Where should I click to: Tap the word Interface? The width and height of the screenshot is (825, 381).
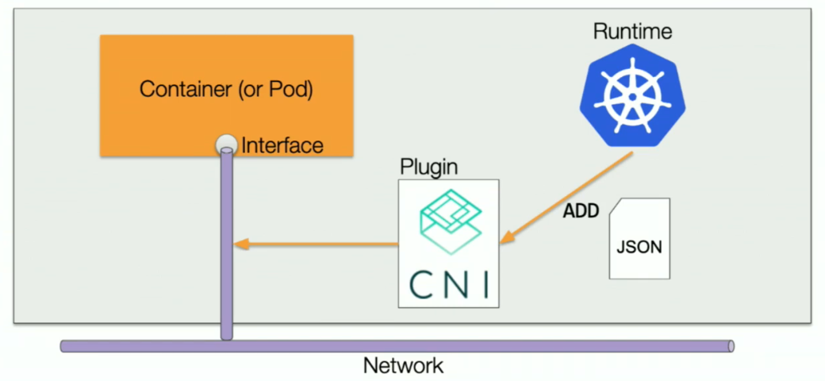[x=282, y=146]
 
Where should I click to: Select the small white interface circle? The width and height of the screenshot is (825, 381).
[x=227, y=144]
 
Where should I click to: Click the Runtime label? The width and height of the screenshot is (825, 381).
[x=632, y=32]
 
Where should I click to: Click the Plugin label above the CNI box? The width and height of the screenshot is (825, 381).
[x=429, y=167]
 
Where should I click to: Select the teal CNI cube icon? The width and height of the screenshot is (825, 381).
[x=448, y=221]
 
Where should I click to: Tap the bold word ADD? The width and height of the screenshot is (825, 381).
[x=581, y=212]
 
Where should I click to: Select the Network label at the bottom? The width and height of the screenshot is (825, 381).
[x=403, y=366]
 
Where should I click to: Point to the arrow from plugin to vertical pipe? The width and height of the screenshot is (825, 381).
[x=317, y=244]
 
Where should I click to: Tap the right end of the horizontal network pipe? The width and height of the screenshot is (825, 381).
[x=730, y=346]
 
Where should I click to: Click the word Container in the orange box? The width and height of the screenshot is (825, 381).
[x=185, y=89]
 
